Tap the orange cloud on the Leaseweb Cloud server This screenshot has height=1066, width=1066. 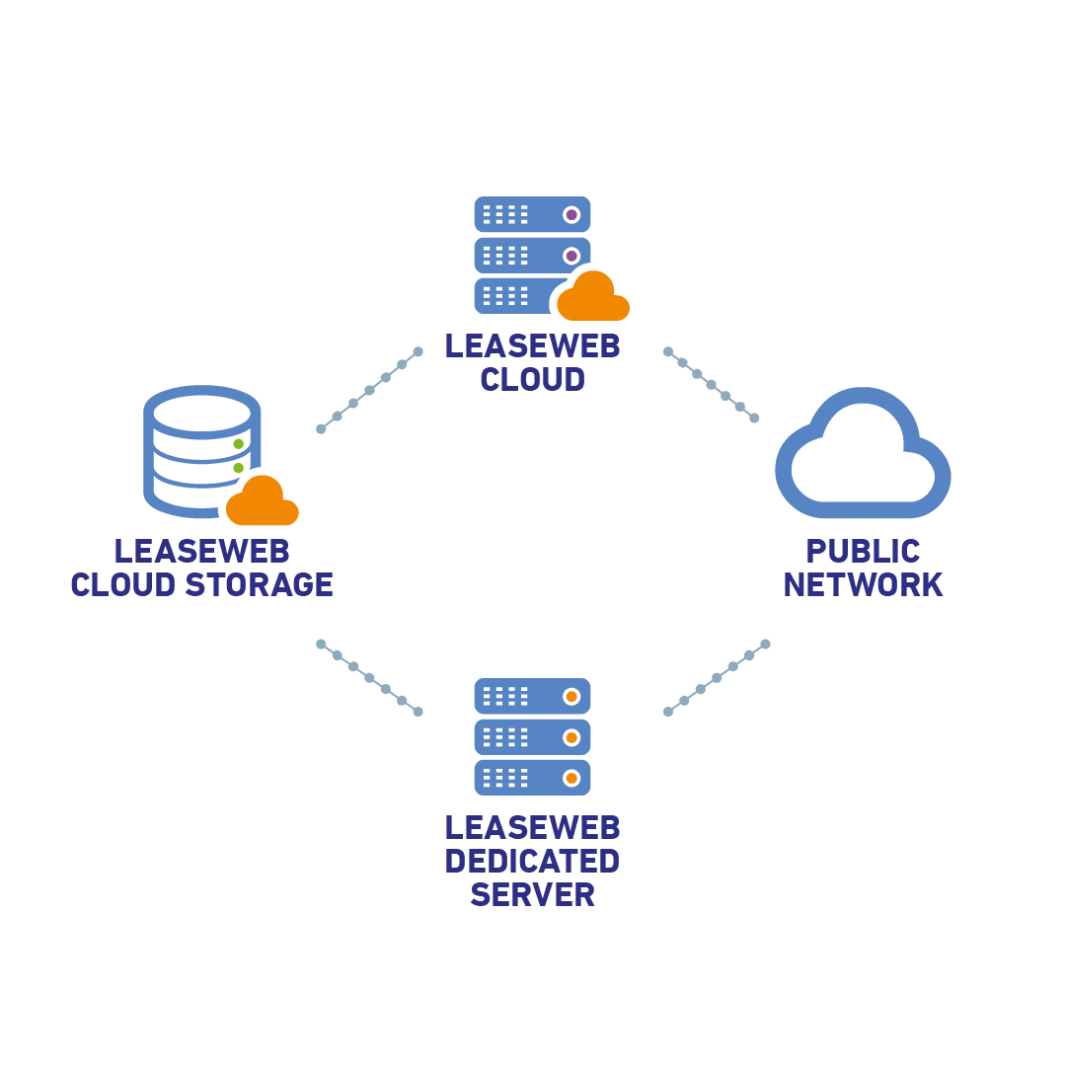point(593,299)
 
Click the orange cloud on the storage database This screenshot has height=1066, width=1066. point(262,502)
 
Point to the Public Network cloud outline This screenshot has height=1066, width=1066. point(864,455)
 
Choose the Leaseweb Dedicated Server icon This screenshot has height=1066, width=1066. point(533,735)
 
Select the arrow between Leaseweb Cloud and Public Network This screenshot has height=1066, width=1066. point(714,383)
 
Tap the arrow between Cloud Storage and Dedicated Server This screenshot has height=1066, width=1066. point(370,675)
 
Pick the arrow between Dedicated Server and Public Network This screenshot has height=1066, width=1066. point(718,675)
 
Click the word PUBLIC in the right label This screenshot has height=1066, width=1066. point(864,551)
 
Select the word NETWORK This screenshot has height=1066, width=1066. point(864,585)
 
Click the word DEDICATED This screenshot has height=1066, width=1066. point(533,862)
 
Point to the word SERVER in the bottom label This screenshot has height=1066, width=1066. point(533,895)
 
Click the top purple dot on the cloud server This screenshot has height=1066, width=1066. point(571,214)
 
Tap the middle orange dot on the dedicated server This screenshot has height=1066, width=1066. point(571,737)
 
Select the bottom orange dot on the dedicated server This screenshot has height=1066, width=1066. point(571,778)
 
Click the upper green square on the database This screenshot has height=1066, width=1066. point(238,444)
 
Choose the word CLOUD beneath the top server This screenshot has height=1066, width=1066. point(533,380)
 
